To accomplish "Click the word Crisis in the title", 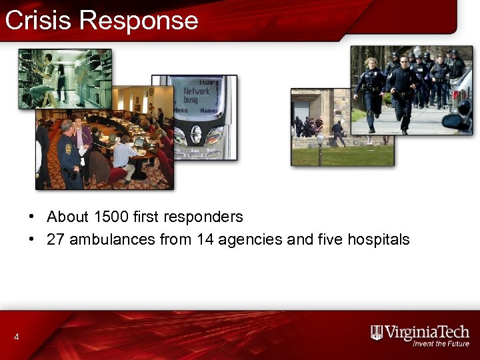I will [37, 20].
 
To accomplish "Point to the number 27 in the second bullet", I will [55, 240].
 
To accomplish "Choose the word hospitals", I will [378, 240].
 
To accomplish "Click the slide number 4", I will [16, 337].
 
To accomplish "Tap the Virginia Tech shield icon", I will [377, 332].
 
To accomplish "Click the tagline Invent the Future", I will [441, 344].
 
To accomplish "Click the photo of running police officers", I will [411, 89].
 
